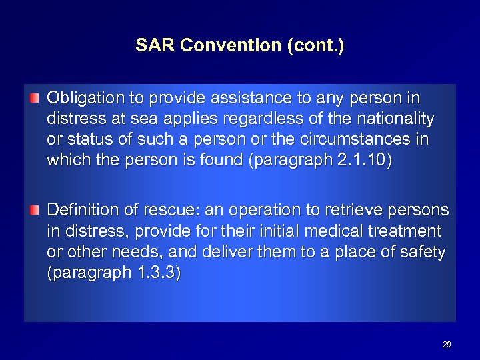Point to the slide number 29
click(447, 345)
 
